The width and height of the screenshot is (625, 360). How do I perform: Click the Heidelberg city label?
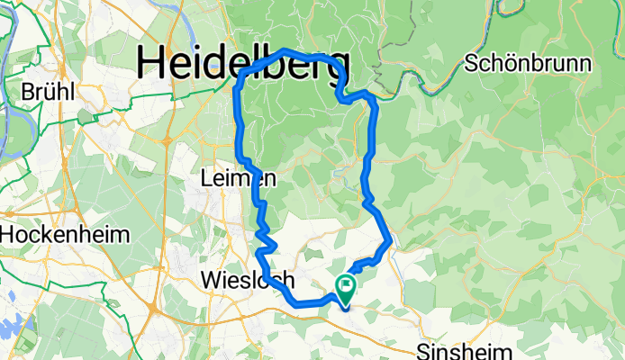pyautogui.click(x=243, y=64)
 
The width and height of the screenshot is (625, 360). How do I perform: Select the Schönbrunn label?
pyautogui.click(x=528, y=64)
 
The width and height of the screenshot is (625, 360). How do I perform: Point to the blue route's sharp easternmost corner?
pyautogui.click(x=390, y=240)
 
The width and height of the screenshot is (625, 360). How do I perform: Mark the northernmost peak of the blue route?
pyautogui.click(x=285, y=50)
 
